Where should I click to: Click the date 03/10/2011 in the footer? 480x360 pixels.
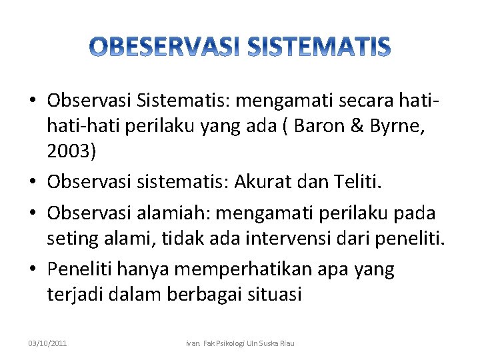pos(48,343)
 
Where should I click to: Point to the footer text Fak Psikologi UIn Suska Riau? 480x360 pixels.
pos(253,343)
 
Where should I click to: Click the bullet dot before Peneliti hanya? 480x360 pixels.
pos(33,269)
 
